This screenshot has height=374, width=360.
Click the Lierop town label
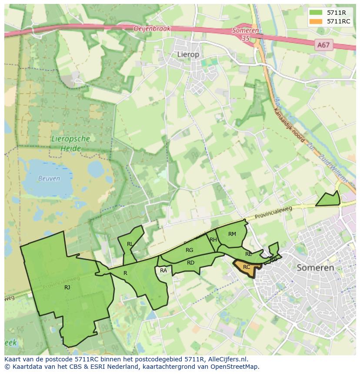[188, 54]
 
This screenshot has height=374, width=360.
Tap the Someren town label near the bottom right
[315, 268]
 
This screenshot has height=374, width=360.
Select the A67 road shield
[323, 45]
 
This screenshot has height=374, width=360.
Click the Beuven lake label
[49, 179]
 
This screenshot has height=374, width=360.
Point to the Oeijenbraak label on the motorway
[152, 29]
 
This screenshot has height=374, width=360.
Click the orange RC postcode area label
[247, 267]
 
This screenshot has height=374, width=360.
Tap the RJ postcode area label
[67, 287]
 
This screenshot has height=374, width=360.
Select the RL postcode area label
[130, 244]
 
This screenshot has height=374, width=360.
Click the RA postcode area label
[163, 271]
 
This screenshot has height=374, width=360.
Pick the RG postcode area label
[189, 250]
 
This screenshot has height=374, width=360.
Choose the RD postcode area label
[190, 263]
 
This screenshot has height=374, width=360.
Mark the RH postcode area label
[213, 240]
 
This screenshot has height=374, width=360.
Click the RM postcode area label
[232, 234]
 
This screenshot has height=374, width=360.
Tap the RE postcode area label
[249, 254]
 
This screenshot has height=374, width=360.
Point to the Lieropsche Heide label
[70, 144]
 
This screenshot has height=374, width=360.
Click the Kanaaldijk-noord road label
[290, 126]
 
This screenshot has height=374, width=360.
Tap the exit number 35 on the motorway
[246, 38]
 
